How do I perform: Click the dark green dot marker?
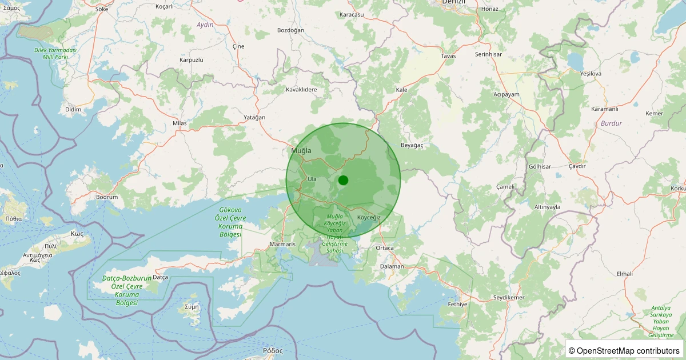click(x=343, y=180)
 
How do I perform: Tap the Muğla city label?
click(x=301, y=151)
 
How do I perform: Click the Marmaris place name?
click(x=282, y=245)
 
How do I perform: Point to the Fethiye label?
click(x=458, y=304)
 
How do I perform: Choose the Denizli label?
click(x=454, y=2)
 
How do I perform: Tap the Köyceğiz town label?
click(x=369, y=218)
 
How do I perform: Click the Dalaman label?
click(x=392, y=266)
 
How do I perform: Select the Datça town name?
click(x=160, y=277)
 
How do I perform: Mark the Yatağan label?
click(x=255, y=117)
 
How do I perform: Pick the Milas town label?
click(x=180, y=123)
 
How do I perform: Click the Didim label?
click(x=73, y=109)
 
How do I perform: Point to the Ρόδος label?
click(x=273, y=350)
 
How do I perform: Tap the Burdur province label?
click(x=611, y=123)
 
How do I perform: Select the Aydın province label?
click(x=204, y=25)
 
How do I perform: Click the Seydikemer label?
click(x=509, y=298)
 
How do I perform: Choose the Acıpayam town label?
click(x=506, y=94)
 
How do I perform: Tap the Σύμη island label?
click(x=192, y=306)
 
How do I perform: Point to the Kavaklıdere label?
click(x=301, y=90)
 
